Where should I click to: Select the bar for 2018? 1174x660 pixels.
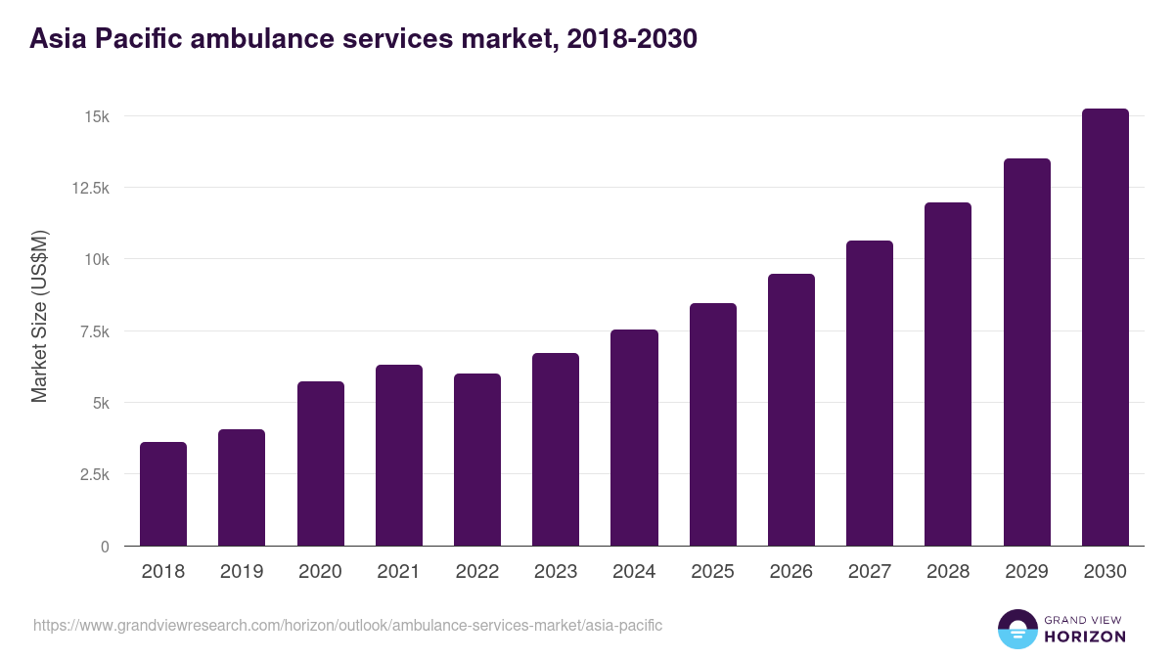pyautogui.click(x=163, y=494)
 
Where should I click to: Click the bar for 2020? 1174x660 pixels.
pyautogui.click(x=321, y=463)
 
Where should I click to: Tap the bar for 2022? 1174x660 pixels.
pyautogui.click(x=477, y=460)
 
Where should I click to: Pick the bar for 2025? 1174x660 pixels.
pyautogui.click(x=713, y=424)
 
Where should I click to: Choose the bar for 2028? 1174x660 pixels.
pyautogui.click(x=948, y=374)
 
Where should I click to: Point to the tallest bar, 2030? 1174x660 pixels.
pyautogui.click(x=1105, y=327)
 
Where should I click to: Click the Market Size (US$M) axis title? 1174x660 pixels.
pyautogui.click(x=39, y=316)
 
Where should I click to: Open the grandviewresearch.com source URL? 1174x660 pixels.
pyautogui.click(x=347, y=625)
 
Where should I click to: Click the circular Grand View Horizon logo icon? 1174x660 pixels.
pyautogui.click(x=1016, y=629)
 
